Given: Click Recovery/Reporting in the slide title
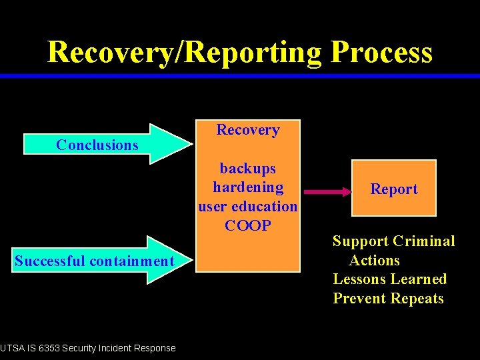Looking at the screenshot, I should point(185,52).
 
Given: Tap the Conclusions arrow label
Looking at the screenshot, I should point(97,145).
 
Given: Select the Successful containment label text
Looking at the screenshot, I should point(94,261).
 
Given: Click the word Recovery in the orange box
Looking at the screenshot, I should point(248,130).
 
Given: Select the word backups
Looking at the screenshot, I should point(248,169).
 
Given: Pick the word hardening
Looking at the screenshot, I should point(248,187).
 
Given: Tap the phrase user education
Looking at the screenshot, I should point(248,206).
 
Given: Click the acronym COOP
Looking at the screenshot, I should point(248,225).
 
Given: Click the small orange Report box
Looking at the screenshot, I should point(394,189).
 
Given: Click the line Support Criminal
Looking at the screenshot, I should point(394,241).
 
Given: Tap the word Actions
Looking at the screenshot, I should point(374,261).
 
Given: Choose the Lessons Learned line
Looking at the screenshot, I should point(389,279).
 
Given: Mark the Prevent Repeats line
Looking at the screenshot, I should point(388,299).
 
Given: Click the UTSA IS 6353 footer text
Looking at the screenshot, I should point(88,348).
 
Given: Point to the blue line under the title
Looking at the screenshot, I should point(240,76).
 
